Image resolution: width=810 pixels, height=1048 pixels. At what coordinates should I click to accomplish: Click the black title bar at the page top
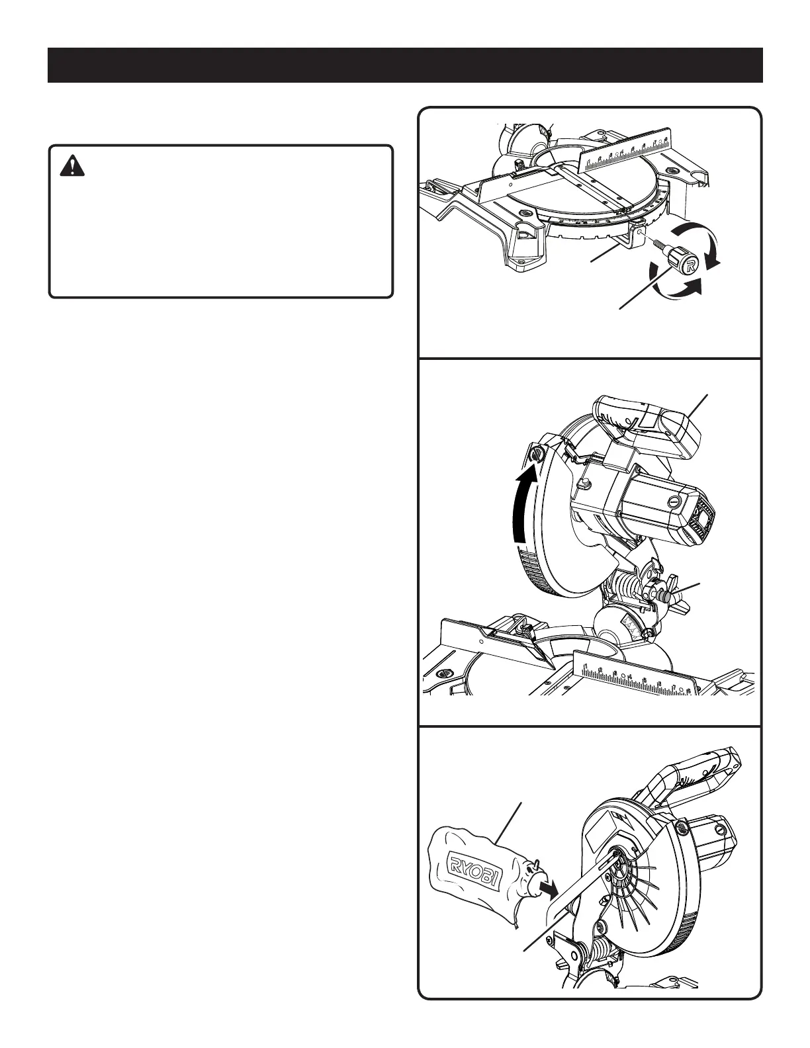click(405, 65)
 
